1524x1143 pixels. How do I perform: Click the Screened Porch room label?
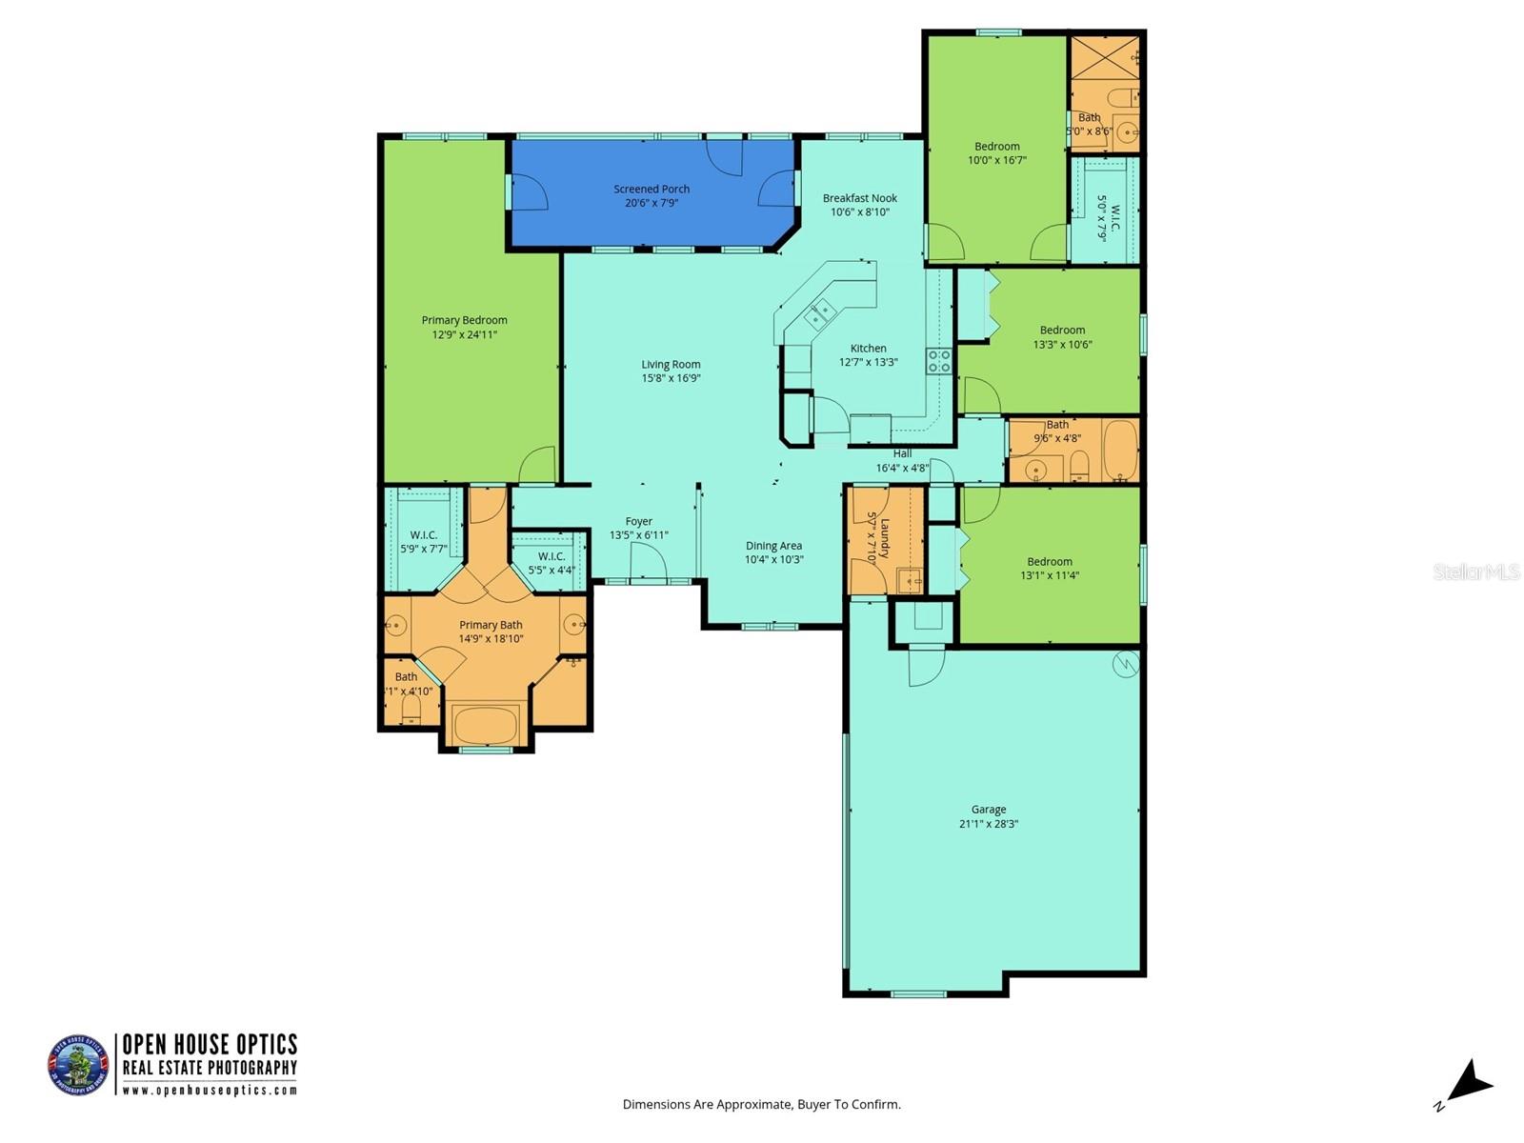pyautogui.click(x=652, y=189)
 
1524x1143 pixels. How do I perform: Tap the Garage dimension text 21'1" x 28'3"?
pyautogui.click(x=989, y=824)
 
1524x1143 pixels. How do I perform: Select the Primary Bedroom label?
pyautogui.click(x=464, y=320)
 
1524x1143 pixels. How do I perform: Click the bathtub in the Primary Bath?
pyautogui.click(x=486, y=725)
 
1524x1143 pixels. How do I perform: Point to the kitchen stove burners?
pyautogui.click(x=938, y=360)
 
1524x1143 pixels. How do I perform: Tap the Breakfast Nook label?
pyautogui.click(x=860, y=198)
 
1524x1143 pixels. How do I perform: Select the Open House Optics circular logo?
pyautogui.click(x=78, y=1065)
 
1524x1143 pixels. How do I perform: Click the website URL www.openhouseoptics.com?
pyautogui.click(x=210, y=1091)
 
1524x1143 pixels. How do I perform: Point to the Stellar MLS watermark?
pyautogui.click(x=1476, y=571)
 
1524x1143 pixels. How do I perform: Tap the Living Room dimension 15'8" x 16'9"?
pyautogui.click(x=671, y=378)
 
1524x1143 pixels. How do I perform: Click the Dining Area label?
pyautogui.click(x=773, y=546)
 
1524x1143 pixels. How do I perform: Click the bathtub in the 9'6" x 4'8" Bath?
pyautogui.click(x=1120, y=450)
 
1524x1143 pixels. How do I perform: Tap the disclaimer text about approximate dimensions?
pyautogui.click(x=761, y=1105)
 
